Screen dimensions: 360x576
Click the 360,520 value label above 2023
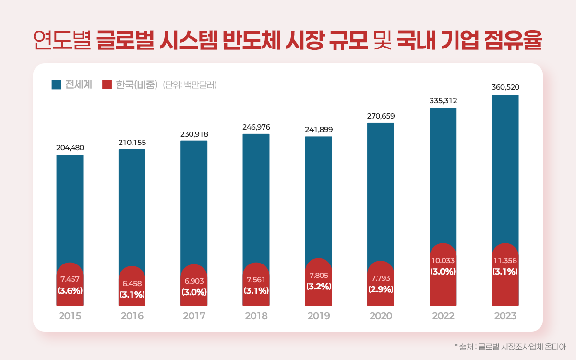coord(505,87)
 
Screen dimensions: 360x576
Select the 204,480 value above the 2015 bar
coord(70,147)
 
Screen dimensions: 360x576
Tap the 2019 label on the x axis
coord(318,316)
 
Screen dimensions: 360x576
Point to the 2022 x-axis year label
coord(443,316)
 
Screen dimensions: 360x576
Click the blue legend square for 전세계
coord(56,85)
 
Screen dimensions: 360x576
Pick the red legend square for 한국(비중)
coord(107,85)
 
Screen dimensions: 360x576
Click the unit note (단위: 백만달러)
coord(190,85)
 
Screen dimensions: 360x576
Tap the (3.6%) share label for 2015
coord(70,290)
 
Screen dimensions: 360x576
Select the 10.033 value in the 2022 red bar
coord(443,261)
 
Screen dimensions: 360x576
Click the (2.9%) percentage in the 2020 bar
coord(381,289)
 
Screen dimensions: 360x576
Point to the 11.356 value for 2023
coord(505,261)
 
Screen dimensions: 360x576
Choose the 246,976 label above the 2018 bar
coord(256,127)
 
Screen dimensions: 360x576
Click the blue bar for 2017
coord(194,202)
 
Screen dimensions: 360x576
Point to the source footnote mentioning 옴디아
coord(510,346)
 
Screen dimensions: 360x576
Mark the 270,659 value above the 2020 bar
coord(381,116)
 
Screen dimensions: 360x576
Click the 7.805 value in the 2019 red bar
coord(318,275)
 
